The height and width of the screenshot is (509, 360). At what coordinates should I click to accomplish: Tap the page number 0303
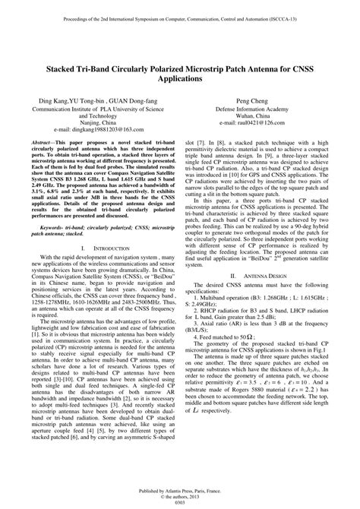tap(180, 502)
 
